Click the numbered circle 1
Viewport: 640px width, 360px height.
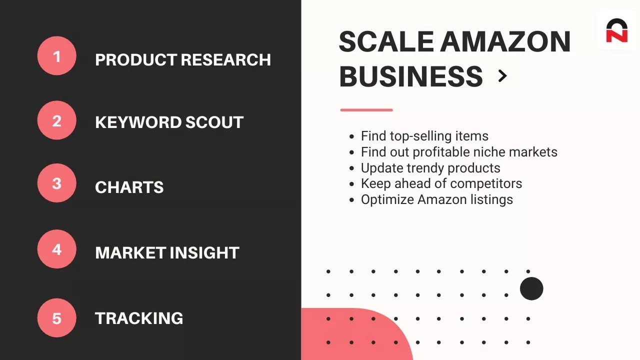pos(57,55)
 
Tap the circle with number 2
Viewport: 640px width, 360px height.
pos(57,120)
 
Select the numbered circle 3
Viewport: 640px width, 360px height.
pos(57,183)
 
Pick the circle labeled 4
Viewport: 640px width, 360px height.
pos(57,249)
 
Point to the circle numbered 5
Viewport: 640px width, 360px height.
pos(57,318)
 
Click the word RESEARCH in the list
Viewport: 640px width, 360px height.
pos(225,59)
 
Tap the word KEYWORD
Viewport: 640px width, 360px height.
pos(138,122)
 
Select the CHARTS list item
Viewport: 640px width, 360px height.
pos(129,187)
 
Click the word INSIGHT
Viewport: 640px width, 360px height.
pos(204,253)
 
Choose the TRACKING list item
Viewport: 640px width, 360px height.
pos(139,318)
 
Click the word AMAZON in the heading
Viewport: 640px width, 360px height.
pos(505,41)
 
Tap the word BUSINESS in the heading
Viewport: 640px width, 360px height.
pos(411,76)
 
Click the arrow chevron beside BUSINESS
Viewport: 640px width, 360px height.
pos(502,76)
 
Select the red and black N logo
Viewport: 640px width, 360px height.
pos(616,31)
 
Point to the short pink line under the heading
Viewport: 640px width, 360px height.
pos(366,110)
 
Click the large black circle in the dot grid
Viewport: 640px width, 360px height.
pos(531,288)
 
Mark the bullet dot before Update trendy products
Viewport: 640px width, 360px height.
pos(351,168)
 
